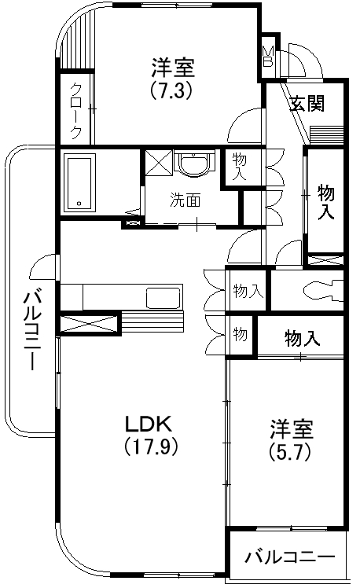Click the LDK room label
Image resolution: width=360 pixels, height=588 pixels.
(149, 424)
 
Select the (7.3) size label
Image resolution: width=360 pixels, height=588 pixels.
(171, 90)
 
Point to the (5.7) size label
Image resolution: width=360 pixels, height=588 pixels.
(292, 453)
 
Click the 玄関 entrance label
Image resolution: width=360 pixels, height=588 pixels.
(307, 104)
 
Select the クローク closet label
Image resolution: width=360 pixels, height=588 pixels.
(75, 110)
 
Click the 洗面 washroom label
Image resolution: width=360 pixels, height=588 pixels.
(186, 200)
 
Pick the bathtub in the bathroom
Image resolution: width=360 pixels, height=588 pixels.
(79, 182)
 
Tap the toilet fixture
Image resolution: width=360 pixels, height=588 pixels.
(322, 288)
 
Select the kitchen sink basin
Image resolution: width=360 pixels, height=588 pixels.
(164, 299)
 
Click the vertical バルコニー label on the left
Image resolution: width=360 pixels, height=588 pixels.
(31, 330)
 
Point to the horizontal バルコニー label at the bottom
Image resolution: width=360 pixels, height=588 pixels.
(288, 557)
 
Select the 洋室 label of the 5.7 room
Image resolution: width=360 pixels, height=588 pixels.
(292, 430)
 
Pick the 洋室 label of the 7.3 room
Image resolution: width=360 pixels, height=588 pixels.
(171, 67)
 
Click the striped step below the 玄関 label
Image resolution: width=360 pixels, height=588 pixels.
(326, 133)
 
